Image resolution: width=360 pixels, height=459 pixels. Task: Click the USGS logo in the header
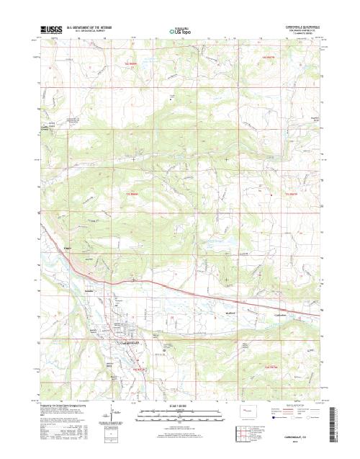(53, 30)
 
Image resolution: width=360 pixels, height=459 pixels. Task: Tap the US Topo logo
(179, 32)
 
